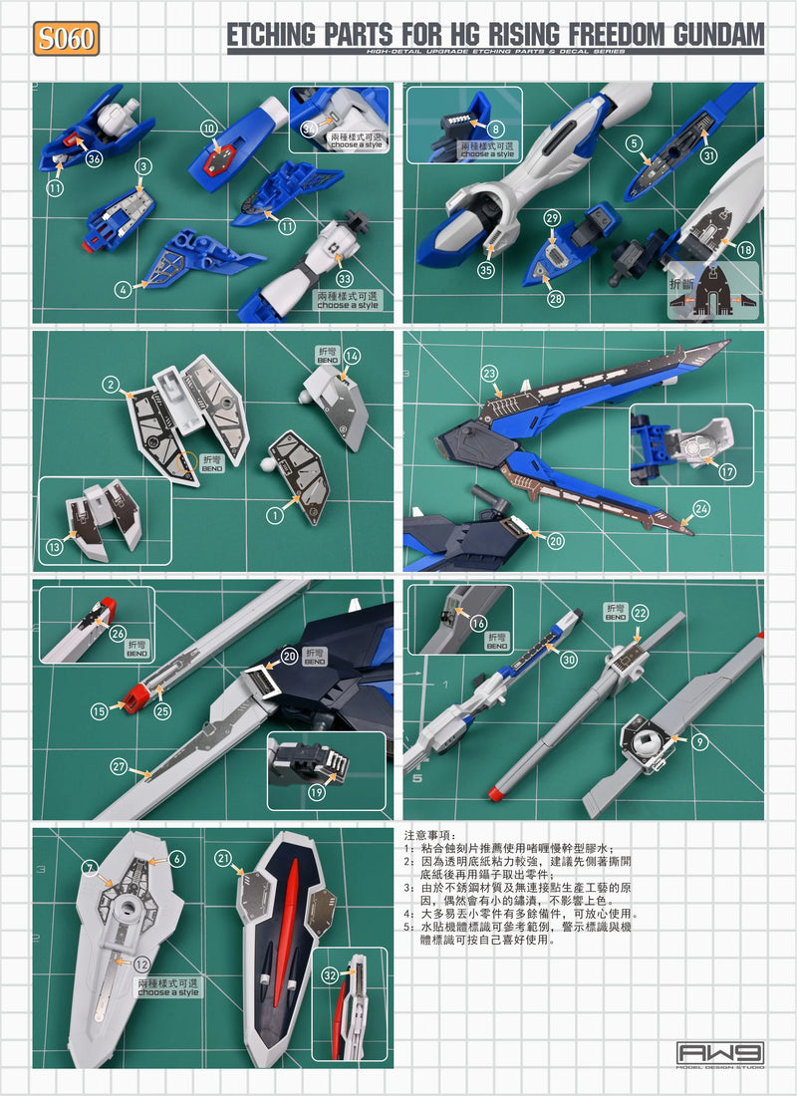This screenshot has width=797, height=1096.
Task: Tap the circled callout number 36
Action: tap(95, 157)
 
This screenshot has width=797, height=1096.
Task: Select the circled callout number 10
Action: tap(208, 129)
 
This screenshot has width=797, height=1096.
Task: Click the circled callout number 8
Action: tap(496, 128)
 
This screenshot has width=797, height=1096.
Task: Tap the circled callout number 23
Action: tap(489, 374)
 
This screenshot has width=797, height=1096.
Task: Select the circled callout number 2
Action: tap(112, 383)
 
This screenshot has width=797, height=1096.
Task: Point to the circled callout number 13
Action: tap(56, 546)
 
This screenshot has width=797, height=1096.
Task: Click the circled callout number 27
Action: tap(121, 767)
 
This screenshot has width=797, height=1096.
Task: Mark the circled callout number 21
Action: tap(222, 857)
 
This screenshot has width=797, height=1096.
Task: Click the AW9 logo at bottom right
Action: tap(720, 1053)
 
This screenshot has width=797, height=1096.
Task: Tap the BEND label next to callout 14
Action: tap(328, 358)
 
